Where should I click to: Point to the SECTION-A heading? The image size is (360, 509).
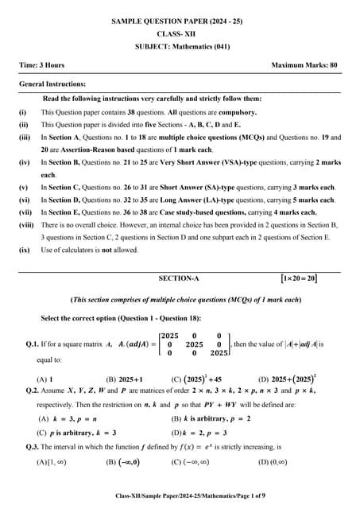180,278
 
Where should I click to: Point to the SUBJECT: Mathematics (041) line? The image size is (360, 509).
180,46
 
